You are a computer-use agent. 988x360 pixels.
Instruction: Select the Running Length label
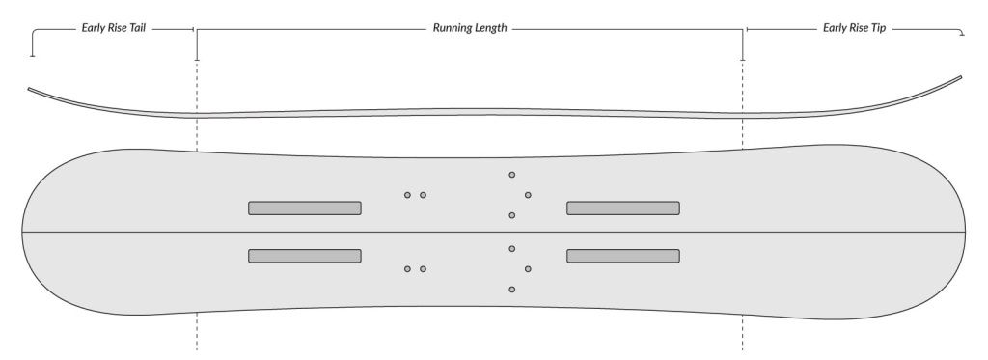point(470,29)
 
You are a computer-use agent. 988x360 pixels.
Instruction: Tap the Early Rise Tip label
point(855,29)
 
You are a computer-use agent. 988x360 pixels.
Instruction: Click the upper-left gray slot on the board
point(305,208)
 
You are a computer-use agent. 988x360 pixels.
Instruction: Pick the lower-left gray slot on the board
point(305,256)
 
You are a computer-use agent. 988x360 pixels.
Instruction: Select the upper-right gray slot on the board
point(623,208)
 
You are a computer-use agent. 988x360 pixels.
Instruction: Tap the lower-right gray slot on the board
point(623,256)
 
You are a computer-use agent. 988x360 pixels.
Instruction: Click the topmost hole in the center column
point(511,175)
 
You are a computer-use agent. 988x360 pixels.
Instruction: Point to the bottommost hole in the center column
point(511,290)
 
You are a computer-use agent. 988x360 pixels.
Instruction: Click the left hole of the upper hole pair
point(407,195)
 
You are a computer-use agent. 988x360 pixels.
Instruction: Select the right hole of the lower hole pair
point(423,268)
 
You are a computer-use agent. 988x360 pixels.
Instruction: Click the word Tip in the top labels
point(877,29)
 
